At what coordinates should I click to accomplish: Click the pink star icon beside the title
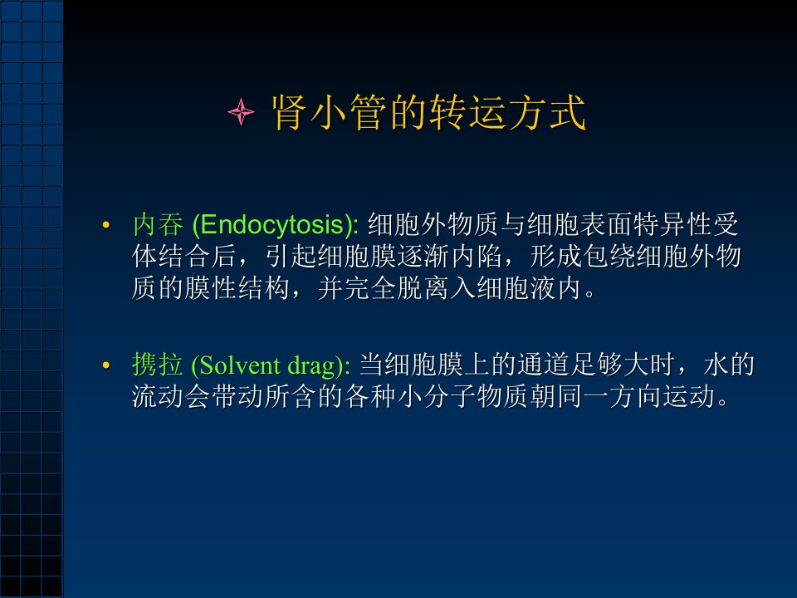(x=241, y=112)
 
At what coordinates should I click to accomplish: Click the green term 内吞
(x=158, y=224)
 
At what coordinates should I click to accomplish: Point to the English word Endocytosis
(x=273, y=225)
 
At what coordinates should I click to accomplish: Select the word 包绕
(x=609, y=256)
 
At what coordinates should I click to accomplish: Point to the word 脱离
(x=423, y=288)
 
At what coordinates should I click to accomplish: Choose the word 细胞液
(x=516, y=288)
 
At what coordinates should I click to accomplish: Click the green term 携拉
(x=158, y=365)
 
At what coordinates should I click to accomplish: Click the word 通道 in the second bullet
(x=545, y=365)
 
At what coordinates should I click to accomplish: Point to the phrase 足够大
(x=610, y=365)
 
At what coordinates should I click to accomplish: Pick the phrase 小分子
(x=437, y=396)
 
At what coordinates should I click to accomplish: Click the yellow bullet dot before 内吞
(x=105, y=225)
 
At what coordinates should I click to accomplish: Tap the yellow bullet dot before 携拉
(x=105, y=365)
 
